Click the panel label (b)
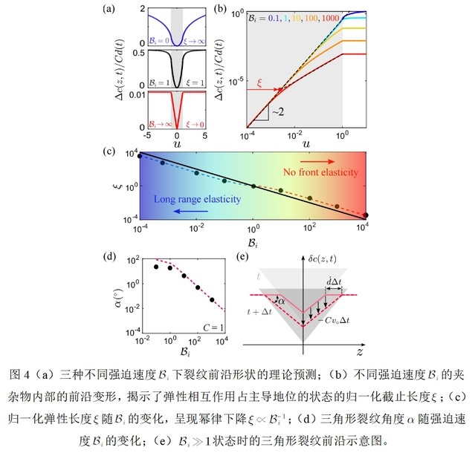click(219, 10)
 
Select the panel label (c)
click(111, 153)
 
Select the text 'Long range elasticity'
click(190, 198)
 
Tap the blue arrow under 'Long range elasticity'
click(189, 211)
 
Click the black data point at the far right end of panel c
click(364, 215)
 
